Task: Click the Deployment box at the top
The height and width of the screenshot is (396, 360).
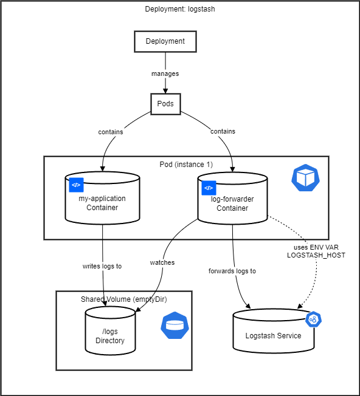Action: coord(165,41)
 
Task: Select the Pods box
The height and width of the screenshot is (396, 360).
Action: coord(165,103)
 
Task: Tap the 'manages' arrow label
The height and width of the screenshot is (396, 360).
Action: coord(165,73)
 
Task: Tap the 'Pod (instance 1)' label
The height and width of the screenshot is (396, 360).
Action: coord(186,165)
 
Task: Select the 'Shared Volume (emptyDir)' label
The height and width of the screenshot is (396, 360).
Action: coord(123,299)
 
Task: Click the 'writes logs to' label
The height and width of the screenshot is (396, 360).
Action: coord(102,266)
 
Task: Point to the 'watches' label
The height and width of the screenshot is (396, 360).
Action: coord(162,262)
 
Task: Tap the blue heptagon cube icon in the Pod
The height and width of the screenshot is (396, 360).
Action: coord(305,178)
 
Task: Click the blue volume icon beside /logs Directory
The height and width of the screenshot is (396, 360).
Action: coord(174,326)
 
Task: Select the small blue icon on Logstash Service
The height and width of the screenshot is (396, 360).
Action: coord(313,319)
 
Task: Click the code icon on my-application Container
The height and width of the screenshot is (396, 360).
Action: coord(76,186)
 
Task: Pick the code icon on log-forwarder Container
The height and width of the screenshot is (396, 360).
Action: coord(209,188)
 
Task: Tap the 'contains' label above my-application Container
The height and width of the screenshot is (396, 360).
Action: coord(111,131)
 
